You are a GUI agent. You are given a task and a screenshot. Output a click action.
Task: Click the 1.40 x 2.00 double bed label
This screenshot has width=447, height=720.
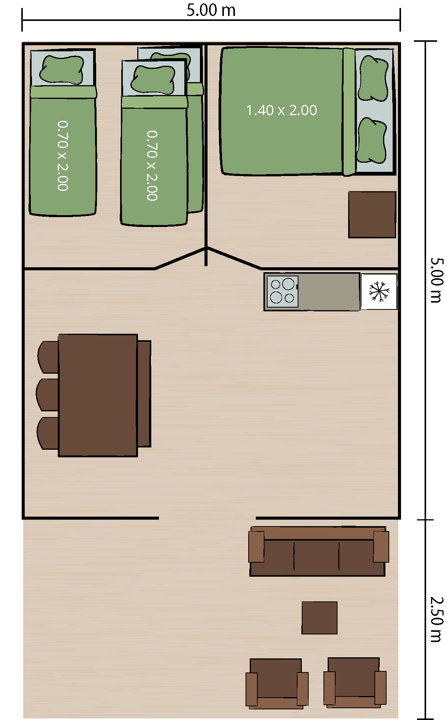click(281, 110)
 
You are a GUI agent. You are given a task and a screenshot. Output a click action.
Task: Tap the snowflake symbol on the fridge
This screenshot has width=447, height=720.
click(379, 292)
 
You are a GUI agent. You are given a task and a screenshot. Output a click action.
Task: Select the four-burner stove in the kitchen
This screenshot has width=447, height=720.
click(282, 292)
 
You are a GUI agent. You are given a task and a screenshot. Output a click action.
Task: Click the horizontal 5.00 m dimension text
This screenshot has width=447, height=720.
click(211, 10)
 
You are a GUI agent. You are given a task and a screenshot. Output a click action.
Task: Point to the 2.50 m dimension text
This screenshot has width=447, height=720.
click(436, 619)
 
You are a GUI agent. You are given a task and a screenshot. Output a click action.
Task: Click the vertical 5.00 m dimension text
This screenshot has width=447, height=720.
click(436, 280)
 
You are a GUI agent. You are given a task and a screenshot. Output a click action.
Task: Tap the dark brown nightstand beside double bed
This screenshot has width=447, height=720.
click(372, 215)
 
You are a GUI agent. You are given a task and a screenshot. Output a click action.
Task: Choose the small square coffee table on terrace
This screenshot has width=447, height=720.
click(319, 618)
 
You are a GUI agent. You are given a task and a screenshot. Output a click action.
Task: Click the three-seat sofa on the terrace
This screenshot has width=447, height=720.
click(318, 551)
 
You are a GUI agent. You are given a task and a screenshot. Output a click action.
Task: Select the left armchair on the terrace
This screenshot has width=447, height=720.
click(277, 684)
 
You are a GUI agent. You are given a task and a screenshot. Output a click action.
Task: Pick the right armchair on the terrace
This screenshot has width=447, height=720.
click(355, 683)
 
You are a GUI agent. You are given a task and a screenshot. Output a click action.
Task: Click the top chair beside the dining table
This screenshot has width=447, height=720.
click(48, 357)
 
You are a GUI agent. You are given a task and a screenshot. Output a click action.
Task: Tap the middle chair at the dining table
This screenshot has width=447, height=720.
click(47, 395)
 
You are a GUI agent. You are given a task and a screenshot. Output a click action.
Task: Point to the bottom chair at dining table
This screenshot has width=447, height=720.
click(48, 433)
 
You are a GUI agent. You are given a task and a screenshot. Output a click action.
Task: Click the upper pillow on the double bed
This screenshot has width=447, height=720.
click(374, 78)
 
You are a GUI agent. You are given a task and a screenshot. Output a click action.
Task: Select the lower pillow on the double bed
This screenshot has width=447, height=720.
click(372, 140)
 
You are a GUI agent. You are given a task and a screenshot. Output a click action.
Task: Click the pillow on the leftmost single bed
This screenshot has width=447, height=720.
click(62, 70)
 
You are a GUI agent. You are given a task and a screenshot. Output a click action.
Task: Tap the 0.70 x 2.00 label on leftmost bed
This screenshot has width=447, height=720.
click(63, 156)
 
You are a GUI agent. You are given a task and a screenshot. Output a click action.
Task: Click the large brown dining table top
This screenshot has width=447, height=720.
click(98, 395)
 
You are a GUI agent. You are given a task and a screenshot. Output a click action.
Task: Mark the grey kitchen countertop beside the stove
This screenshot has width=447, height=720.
click(329, 292)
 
